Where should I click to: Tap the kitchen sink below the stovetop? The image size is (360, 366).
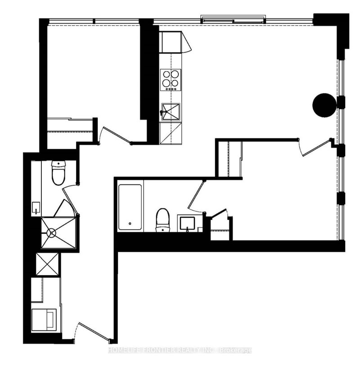(x=171, y=111)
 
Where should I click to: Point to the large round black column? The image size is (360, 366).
(x=324, y=104)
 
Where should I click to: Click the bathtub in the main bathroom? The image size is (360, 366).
(x=130, y=205)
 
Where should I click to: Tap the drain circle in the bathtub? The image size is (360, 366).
(x=130, y=223)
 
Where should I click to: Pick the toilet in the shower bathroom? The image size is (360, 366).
(x=58, y=173)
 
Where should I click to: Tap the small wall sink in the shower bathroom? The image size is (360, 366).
(x=36, y=209)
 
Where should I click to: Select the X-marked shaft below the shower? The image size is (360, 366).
(x=47, y=264)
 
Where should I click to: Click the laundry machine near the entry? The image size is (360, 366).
(x=45, y=319)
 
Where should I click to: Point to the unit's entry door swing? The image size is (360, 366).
(x=92, y=330)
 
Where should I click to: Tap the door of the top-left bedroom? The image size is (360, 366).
(x=115, y=135)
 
